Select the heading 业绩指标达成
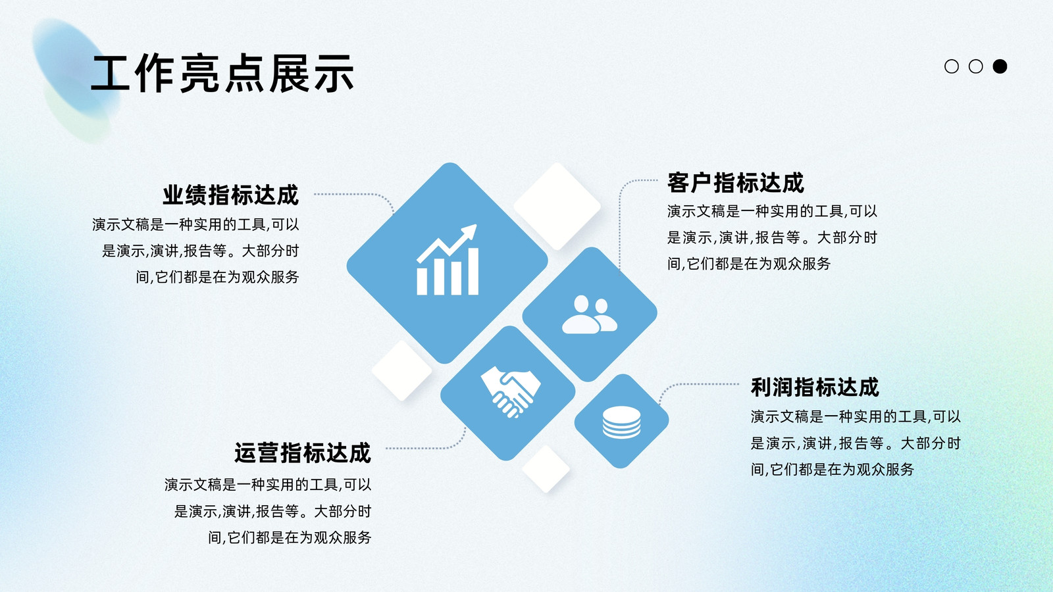(231, 195)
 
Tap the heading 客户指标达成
(736, 183)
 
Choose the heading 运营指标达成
(303, 453)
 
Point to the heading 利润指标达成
(815, 387)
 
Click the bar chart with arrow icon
(448, 260)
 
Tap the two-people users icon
(590, 314)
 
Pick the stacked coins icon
(621, 422)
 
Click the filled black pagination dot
(1000, 66)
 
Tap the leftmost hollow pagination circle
(952, 66)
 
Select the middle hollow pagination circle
(976, 66)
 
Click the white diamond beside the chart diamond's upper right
(557, 206)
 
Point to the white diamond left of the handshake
(401, 370)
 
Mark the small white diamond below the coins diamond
(546, 469)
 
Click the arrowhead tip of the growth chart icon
(476, 225)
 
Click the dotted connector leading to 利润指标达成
(691, 384)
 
